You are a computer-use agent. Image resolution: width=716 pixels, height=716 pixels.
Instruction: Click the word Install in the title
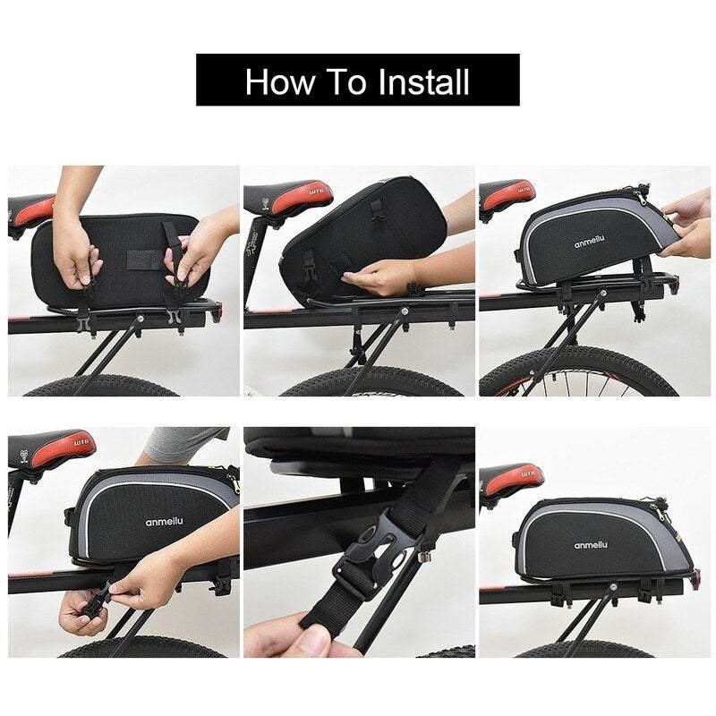pyautogui.click(x=423, y=82)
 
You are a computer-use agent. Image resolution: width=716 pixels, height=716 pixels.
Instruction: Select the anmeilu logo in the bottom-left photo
pyautogui.click(x=164, y=521)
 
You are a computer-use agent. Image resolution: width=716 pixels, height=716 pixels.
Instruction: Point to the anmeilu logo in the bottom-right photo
pyautogui.click(x=591, y=545)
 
